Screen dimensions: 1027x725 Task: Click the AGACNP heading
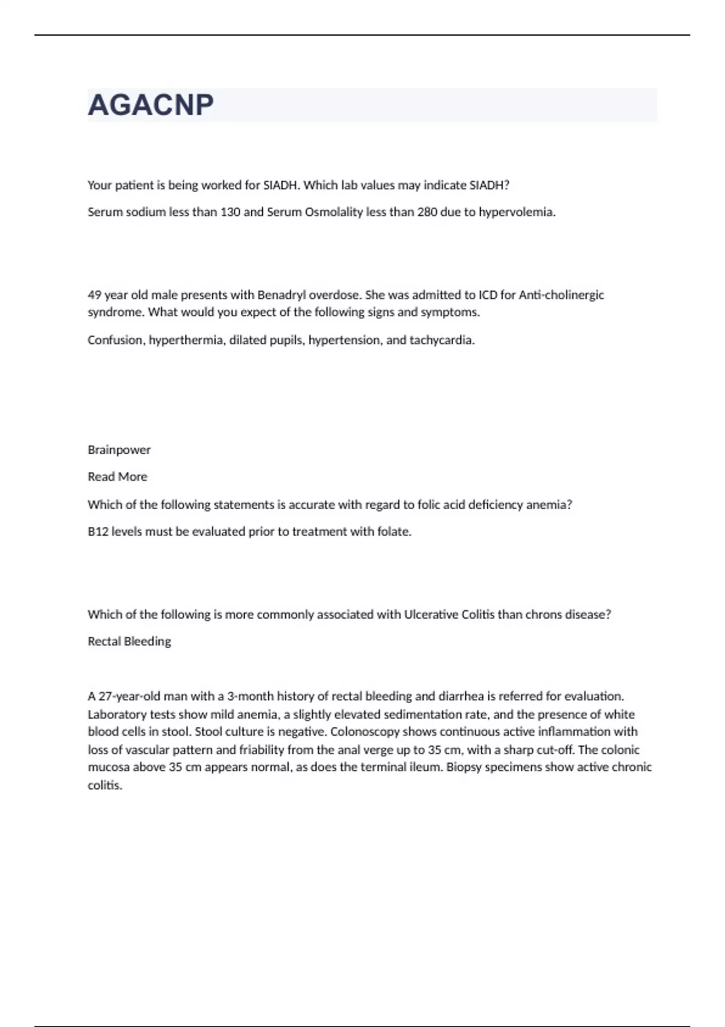[150, 105]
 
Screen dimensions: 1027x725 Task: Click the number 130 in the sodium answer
[230, 212]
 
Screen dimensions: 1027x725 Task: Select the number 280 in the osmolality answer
[427, 212]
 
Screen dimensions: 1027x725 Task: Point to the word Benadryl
[282, 295]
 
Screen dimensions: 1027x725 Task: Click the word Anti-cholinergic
[561, 295]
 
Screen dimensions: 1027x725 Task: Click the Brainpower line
[119, 449]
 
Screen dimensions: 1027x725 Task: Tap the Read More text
[117, 477]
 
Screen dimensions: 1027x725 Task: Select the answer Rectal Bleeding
[129, 642]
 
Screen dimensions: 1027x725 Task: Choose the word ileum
[425, 767]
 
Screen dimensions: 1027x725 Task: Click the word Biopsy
[465, 767]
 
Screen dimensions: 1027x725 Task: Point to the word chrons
[543, 614]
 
